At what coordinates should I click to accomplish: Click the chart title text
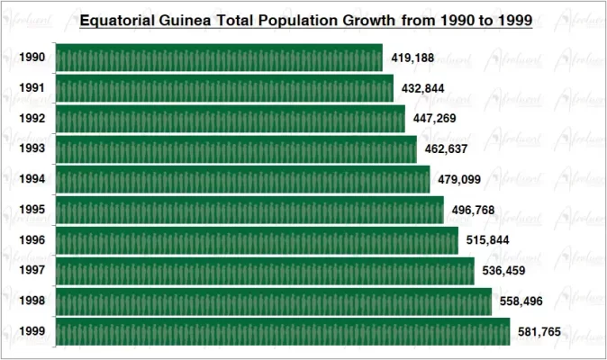click(306, 20)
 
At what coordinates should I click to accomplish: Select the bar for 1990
click(219, 58)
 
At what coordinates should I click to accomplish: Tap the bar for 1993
click(236, 149)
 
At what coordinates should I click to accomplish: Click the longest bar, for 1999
click(283, 331)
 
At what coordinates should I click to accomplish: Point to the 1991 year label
click(32, 88)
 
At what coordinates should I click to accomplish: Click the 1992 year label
click(32, 119)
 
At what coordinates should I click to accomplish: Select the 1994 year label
click(32, 180)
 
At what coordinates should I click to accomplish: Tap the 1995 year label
click(32, 211)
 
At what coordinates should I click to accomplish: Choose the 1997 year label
click(32, 271)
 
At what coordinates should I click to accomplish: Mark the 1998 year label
click(32, 301)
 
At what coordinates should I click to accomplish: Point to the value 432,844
click(424, 88)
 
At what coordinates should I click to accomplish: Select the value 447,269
click(436, 119)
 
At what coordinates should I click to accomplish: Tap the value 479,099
click(460, 180)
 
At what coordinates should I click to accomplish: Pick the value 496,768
click(474, 211)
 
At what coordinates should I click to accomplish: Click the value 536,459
click(504, 271)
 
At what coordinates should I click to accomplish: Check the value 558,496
click(521, 301)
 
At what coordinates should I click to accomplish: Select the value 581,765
click(539, 332)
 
